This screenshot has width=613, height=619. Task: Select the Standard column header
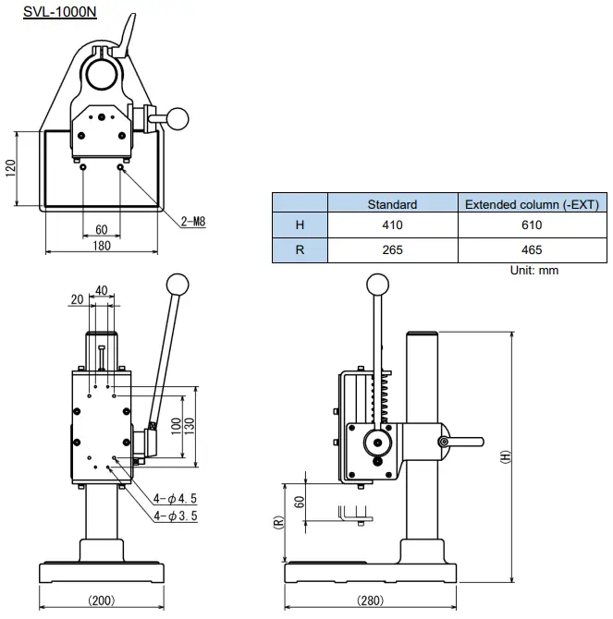click(392, 204)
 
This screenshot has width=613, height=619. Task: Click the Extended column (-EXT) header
click(532, 204)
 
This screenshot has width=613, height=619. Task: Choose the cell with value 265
click(392, 250)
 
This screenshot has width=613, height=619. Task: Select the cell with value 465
click(532, 250)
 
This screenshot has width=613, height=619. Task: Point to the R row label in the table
click(299, 250)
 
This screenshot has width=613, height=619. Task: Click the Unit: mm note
click(534, 271)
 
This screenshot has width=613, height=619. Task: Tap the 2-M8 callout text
click(193, 221)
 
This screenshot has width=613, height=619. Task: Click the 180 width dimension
click(102, 246)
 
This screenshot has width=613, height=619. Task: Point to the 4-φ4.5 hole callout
click(176, 499)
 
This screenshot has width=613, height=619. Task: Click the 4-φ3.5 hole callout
click(176, 516)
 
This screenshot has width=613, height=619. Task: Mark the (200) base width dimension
click(102, 601)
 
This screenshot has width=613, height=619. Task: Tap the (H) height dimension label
click(505, 456)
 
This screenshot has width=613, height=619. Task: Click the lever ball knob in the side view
click(377, 284)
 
